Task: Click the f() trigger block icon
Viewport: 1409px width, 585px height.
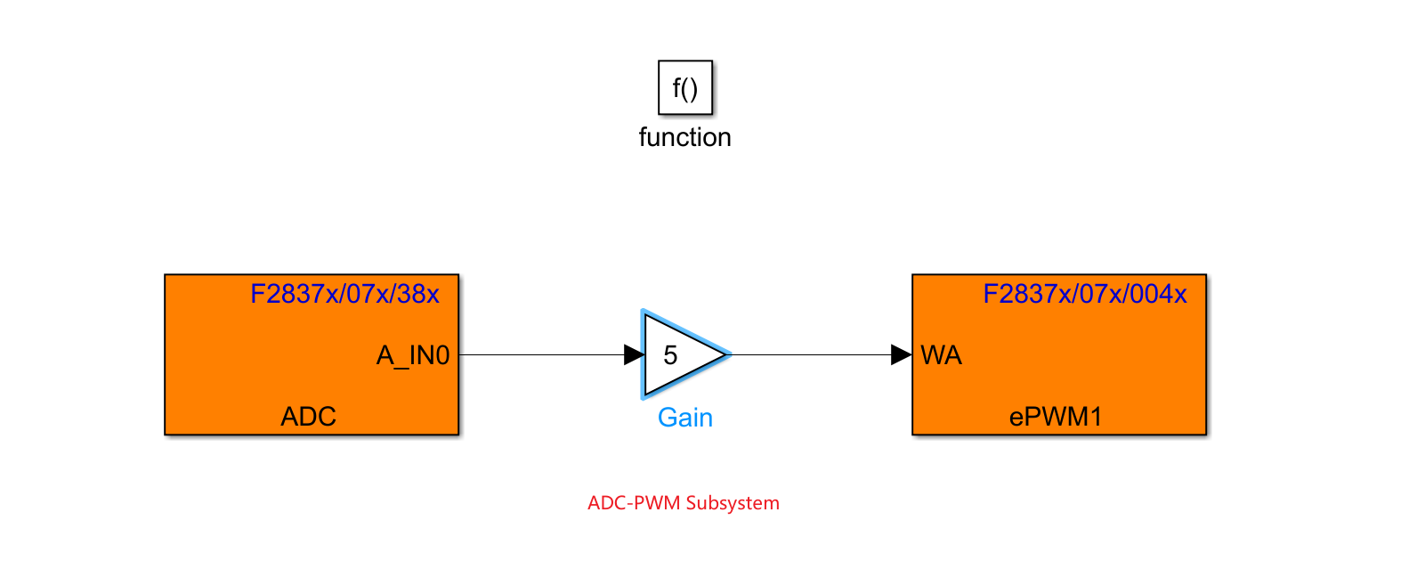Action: click(685, 87)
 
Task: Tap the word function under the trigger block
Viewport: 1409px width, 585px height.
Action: click(684, 137)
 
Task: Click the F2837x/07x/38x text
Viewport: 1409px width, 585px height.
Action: click(344, 294)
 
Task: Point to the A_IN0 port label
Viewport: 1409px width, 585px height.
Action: click(413, 356)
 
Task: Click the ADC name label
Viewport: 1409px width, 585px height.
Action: click(309, 416)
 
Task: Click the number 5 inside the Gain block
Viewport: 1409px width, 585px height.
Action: click(670, 355)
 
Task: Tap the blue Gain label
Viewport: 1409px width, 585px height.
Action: click(684, 418)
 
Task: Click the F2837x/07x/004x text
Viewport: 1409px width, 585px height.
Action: click(1084, 294)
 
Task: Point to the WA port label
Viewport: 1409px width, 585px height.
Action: click(941, 356)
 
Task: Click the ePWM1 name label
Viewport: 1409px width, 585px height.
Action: click(1056, 416)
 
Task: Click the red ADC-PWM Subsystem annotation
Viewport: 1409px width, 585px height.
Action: click(683, 503)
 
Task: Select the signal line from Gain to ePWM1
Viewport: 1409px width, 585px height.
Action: click(810, 354)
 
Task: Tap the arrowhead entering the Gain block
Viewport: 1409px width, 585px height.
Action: click(634, 354)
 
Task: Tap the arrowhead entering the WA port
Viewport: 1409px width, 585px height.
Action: click(901, 354)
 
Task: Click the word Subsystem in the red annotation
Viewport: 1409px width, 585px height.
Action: click(733, 503)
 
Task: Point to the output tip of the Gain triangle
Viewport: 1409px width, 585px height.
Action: click(728, 354)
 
